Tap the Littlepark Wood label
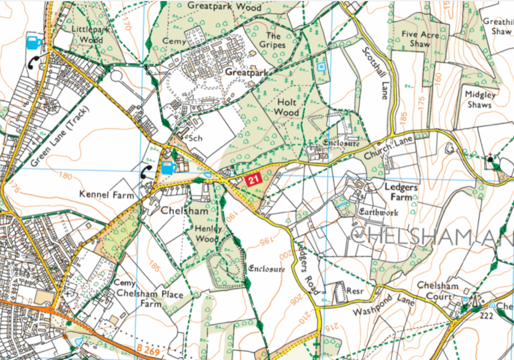[87, 34]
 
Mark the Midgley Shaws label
[480, 100]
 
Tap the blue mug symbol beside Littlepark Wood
[34, 42]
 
